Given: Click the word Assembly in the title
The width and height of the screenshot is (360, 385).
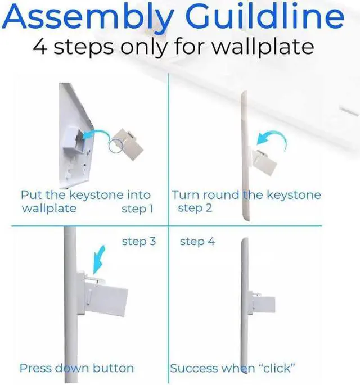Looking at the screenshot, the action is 88,17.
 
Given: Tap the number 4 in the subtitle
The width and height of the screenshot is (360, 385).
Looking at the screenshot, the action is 40,46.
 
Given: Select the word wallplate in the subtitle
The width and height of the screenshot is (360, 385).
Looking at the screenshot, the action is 263,47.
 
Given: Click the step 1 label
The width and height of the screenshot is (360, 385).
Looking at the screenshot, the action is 137,209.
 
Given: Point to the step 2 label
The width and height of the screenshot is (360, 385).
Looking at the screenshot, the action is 195,208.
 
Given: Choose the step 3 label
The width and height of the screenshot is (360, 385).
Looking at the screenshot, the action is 139,241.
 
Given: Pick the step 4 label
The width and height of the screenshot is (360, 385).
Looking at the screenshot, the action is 197,242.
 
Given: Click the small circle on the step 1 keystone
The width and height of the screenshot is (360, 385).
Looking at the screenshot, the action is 115,146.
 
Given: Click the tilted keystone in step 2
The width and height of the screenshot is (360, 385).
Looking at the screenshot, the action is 263,161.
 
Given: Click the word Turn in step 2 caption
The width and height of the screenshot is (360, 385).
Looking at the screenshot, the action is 186,195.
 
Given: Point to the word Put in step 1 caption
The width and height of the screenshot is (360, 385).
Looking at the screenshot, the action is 31,195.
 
